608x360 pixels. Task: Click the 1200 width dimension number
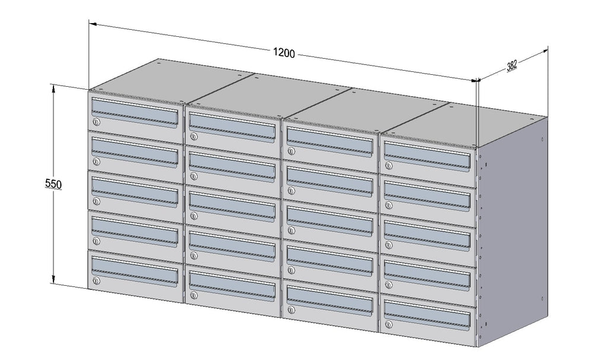pos(284,52)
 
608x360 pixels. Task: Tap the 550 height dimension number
pos(53,184)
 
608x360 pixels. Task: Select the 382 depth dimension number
pos(511,65)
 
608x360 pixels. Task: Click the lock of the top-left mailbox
pos(96,122)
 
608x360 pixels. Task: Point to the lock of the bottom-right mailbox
pos(388,324)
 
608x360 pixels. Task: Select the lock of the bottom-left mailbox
pos(96,281)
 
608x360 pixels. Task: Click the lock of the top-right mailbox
pos(388,166)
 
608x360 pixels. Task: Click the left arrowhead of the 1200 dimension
pos(93,24)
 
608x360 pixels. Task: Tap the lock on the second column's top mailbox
pos(194,137)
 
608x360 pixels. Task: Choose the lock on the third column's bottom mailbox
pos(291,310)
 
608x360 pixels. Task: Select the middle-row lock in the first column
pos(96,201)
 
